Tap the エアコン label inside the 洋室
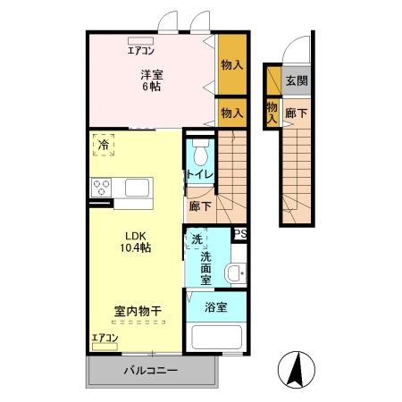click(x=141, y=51)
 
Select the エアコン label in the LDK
click(x=105, y=337)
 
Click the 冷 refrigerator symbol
click(x=105, y=144)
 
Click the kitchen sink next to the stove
click(x=138, y=188)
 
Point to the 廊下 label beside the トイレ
click(x=200, y=205)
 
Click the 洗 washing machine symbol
click(x=197, y=239)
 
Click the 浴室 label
click(x=215, y=306)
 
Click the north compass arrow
click(x=297, y=367)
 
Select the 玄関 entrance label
click(x=296, y=80)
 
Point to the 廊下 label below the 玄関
click(x=296, y=113)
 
